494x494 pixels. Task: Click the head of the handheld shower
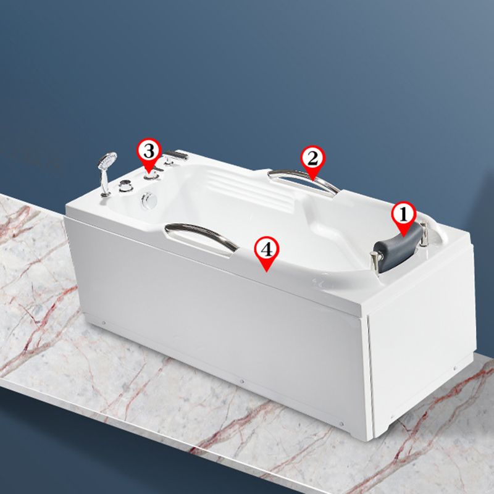pos(107,161)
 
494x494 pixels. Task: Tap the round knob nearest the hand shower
pos(127,184)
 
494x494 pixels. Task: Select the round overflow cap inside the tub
pos(148,199)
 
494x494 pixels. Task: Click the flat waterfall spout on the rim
pos(177,155)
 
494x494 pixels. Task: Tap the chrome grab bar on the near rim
pos(202,233)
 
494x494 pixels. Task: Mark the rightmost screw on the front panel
pos(341,424)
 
